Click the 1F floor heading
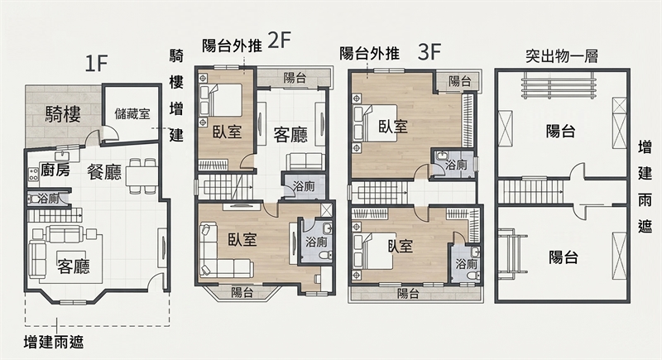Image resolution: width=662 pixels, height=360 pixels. coord(97,65)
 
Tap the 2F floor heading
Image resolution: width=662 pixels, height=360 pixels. coord(280,41)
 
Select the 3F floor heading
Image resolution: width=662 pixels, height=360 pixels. coord(429,53)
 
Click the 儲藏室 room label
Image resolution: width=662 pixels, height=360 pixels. coord(132,114)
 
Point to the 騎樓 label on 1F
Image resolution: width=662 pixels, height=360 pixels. coord(64,114)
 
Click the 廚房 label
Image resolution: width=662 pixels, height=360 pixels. coord(55,170)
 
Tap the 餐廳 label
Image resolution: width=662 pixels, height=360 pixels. coord(104,172)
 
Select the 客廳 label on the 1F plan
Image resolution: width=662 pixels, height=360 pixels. coord(74,266)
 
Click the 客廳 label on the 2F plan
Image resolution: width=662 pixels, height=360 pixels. coord(290,135)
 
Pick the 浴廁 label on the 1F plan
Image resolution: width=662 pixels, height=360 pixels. coord(48,199)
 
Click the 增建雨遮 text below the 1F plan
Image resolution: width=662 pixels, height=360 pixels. coord(54,342)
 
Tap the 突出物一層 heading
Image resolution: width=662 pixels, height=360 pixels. coord(562,56)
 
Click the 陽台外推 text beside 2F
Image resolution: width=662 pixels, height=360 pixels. coord(232,46)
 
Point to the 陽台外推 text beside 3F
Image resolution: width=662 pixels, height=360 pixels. coord(369,54)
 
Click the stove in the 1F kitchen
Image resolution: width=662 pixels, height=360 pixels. coord(33,175)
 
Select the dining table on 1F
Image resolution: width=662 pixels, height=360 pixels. coord(141,175)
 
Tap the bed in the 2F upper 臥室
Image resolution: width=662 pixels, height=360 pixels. coord(221,100)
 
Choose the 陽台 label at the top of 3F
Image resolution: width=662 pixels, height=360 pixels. coord(459,81)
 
